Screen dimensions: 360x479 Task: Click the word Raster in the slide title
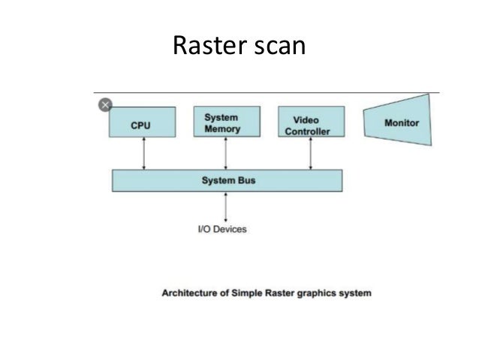pos(205,46)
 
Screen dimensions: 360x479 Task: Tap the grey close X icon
pos(105,104)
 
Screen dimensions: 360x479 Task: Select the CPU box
pos(143,122)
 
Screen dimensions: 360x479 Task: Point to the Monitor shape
pos(399,122)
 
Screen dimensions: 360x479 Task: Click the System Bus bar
pos(227,180)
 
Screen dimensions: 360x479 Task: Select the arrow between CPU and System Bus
pos(144,153)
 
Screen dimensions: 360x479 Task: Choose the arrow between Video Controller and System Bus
pos(310,153)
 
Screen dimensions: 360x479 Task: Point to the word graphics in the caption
pos(314,292)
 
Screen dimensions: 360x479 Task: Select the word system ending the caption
pos(353,292)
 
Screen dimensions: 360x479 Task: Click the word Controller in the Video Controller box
pos(307,132)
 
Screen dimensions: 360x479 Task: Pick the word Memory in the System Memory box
pos(222,129)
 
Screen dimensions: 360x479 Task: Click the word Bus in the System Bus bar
pos(246,180)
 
